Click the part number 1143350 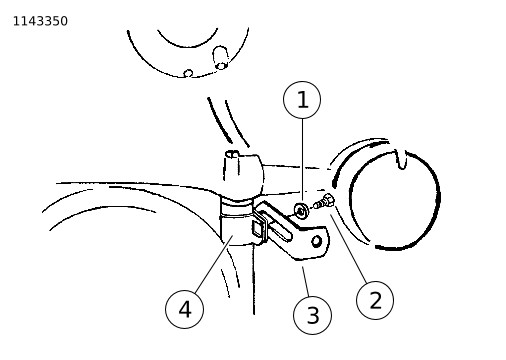(x=40, y=21)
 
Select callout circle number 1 (x=302, y=100)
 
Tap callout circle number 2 (x=375, y=300)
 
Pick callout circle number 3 (x=312, y=315)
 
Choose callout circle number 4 (x=184, y=309)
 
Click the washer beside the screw (x=301, y=211)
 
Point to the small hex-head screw (x=323, y=201)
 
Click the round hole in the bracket (x=317, y=241)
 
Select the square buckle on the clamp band (x=259, y=229)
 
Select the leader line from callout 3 (x=306, y=281)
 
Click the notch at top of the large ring (x=401, y=158)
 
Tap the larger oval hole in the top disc (x=221, y=58)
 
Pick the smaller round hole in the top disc (x=188, y=73)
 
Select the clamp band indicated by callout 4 (x=237, y=224)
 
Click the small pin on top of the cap (x=232, y=154)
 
